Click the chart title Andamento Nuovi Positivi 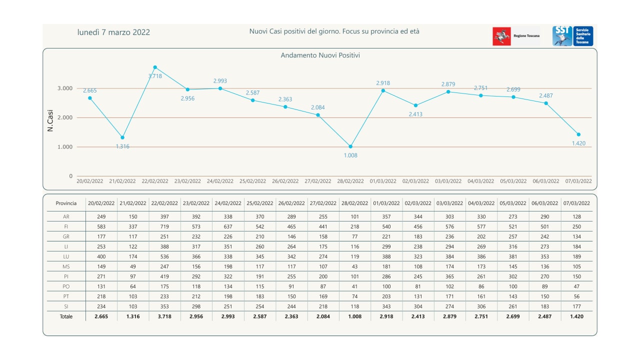pos(320,55)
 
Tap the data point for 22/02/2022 pos(155,67)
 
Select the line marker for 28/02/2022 pos(350,146)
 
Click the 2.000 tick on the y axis pos(63,117)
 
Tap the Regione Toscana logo pos(516,36)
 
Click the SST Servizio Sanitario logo pos(572,36)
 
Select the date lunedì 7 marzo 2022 pos(113,32)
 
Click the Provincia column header pos(66,203)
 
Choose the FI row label pos(66,226)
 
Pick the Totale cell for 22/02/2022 pos(164,316)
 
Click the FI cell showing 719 pos(164,226)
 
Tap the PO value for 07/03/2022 pos(576,286)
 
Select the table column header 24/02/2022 pos(228,203)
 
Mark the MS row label pos(66,266)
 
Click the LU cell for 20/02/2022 pos(101,256)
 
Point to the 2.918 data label pos(382,83)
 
